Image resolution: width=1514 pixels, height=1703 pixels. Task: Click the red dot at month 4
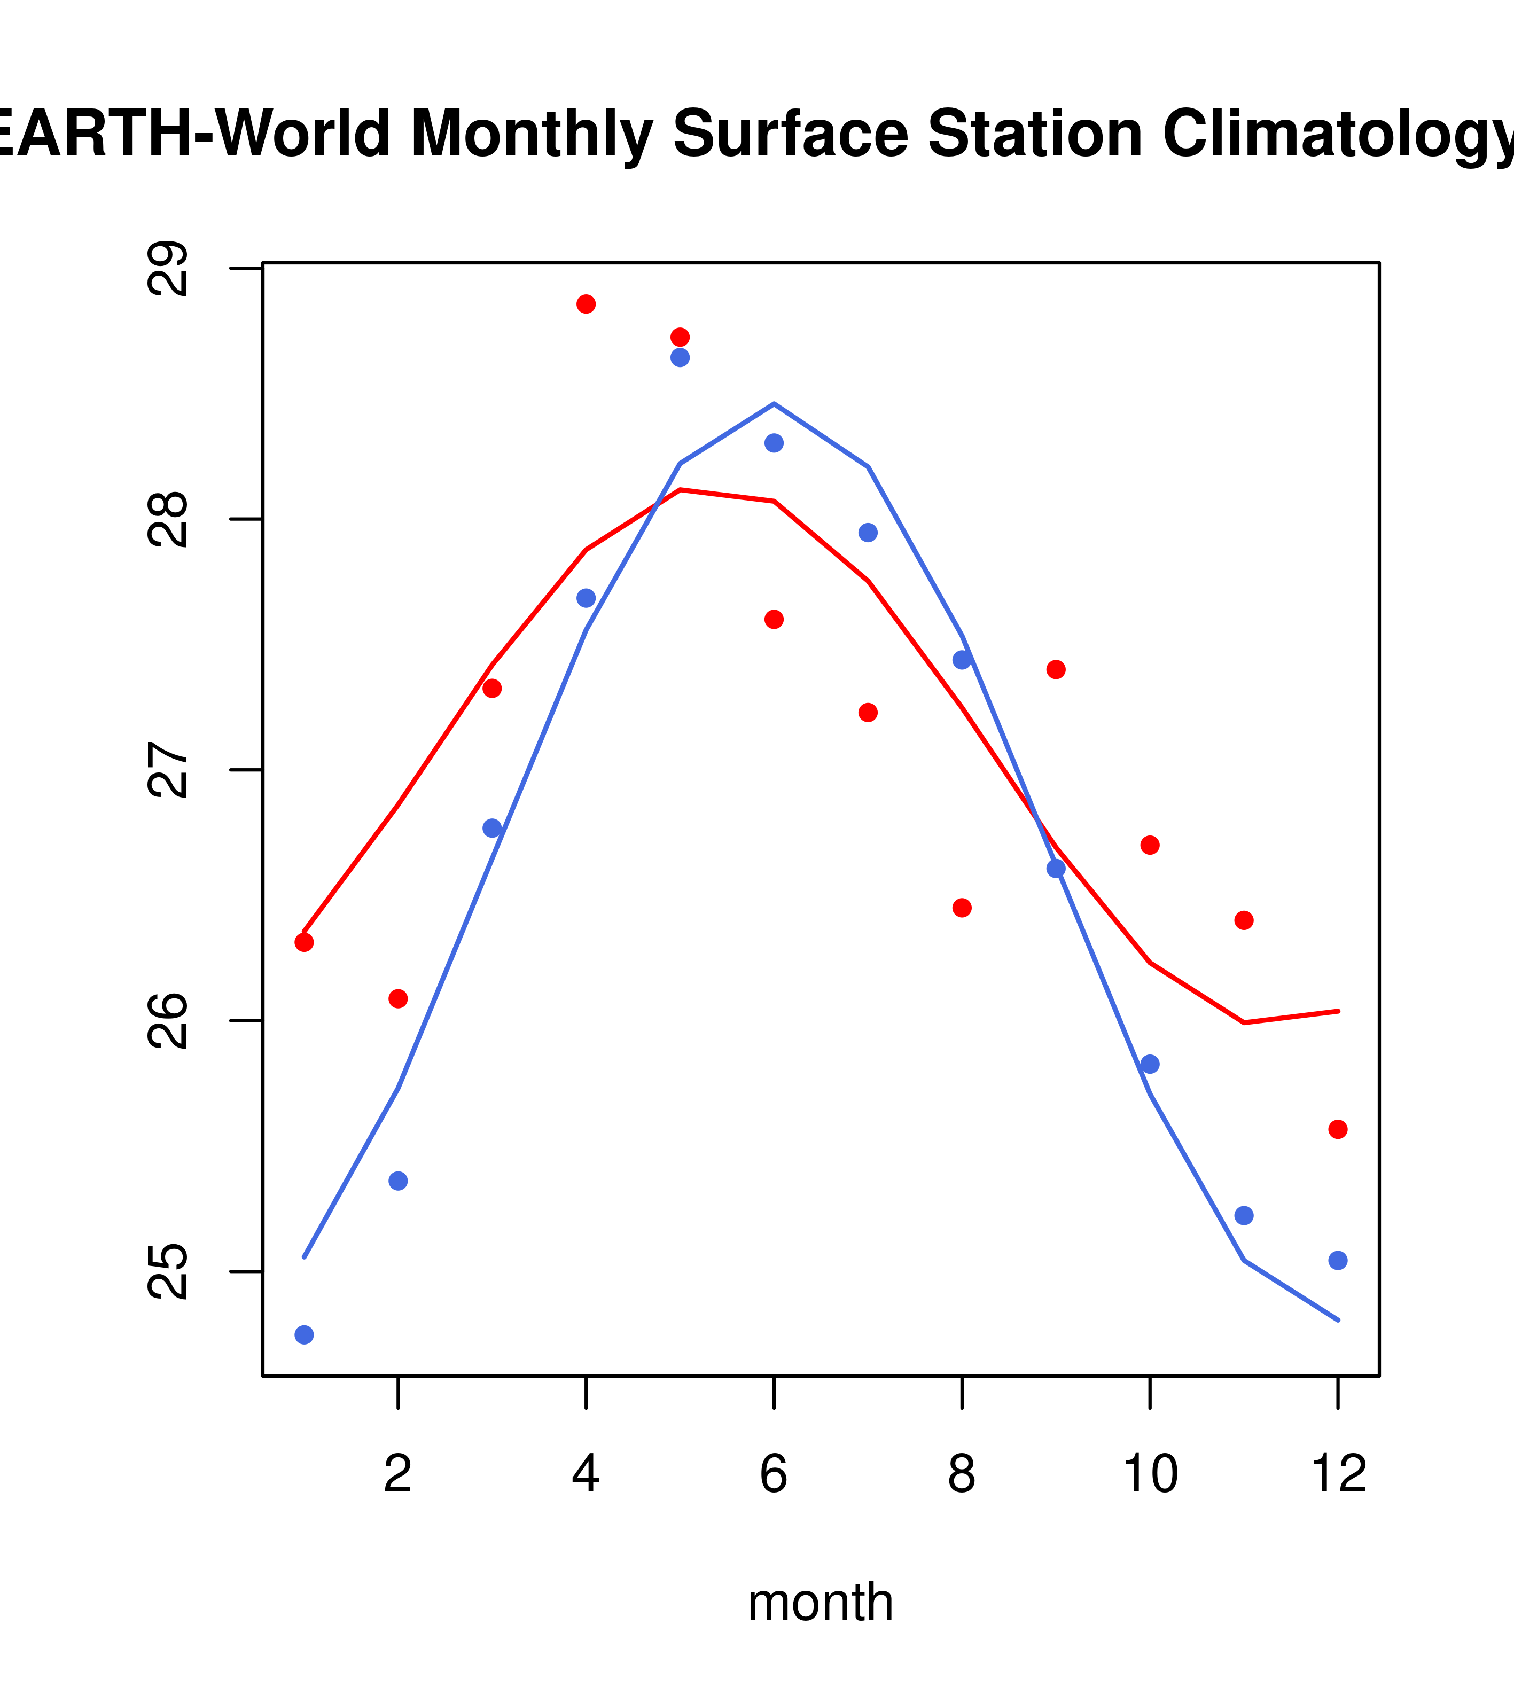tap(586, 304)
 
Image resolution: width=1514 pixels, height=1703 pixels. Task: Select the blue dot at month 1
tap(304, 1335)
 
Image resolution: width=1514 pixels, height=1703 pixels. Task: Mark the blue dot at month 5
tap(680, 357)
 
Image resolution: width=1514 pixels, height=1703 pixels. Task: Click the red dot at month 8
tap(962, 907)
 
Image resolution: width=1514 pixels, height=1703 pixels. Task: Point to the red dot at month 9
tap(1056, 670)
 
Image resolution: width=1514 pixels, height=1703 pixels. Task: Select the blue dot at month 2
tap(399, 1181)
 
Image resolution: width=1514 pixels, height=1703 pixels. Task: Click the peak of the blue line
tap(774, 404)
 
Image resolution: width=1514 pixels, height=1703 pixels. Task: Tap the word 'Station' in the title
tap(1034, 134)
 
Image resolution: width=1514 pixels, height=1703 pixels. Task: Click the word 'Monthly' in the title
tap(531, 134)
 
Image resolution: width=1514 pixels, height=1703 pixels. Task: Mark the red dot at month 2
tap(399, 998)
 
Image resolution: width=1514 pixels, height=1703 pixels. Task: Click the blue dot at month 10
tap(1150, 1064)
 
